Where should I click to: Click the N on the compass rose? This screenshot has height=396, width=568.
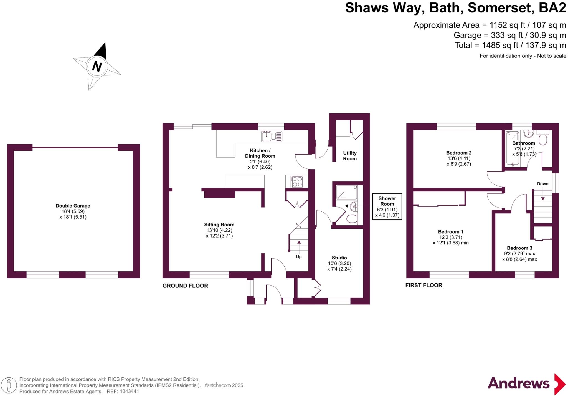97,66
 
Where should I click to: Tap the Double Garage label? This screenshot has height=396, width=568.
73,206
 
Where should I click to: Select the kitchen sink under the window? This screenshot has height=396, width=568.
272,136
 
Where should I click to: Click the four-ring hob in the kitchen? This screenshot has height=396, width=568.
297,182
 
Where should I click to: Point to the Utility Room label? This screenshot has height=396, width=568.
350,156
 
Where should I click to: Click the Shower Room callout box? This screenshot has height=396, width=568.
387,206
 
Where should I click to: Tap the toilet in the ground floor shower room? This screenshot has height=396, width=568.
352,219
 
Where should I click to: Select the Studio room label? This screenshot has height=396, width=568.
339,258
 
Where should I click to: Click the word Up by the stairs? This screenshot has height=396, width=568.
299,257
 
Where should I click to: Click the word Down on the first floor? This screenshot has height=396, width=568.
542,184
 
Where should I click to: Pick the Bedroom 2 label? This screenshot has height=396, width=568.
459,153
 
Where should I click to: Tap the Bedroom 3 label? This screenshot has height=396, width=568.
519,248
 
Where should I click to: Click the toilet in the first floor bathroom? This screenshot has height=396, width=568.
543,138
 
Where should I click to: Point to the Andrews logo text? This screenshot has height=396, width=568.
518,384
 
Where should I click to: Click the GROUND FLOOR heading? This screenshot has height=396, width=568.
185,286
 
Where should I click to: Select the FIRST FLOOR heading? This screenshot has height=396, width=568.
424,285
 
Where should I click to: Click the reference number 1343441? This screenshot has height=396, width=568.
129,392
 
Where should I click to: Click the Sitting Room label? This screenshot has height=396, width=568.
219,225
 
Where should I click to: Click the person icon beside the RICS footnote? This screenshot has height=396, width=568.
9,385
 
